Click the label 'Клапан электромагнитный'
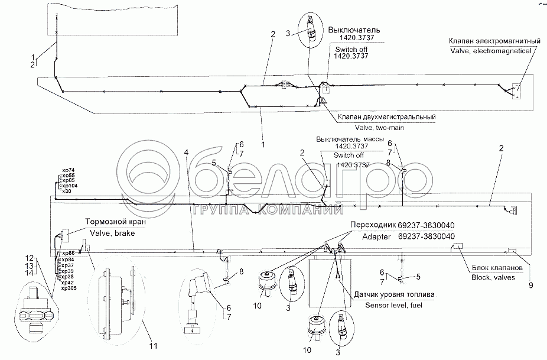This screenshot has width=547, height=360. tap(494, 41)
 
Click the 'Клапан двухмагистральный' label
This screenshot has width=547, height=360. tap(387, 117)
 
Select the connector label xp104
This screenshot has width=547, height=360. tap(69, 186)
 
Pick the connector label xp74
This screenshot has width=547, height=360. tap(67, 170)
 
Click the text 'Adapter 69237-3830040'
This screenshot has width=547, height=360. tap(402, 236)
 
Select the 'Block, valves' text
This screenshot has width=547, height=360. tap(492, 277)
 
